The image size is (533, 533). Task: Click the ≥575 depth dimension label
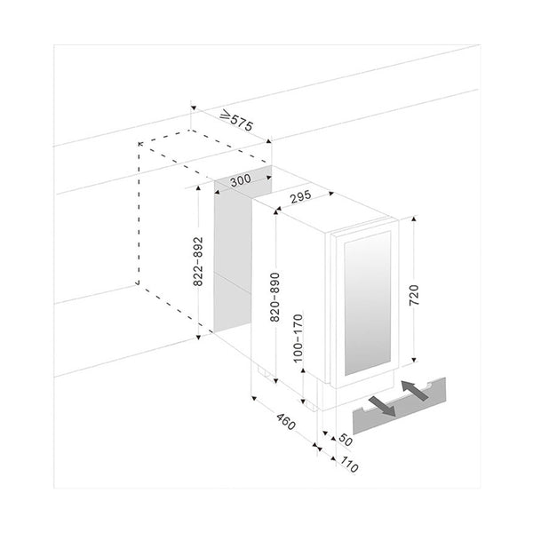coord(236,120)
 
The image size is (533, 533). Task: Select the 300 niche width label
coord(241,179)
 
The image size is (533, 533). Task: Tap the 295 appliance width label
coord(300,196)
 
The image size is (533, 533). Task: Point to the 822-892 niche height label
coord(198,261)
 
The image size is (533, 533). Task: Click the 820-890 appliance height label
coord(274,297)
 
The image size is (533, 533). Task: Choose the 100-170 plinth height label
coord(298,338)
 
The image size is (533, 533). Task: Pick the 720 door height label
coord(414,295)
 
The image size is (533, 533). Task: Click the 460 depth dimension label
coord(286,421)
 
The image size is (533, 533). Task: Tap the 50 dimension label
coord(346,441)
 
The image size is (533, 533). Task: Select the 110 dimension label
coord(349,465)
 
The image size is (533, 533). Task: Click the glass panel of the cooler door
coord(368,303)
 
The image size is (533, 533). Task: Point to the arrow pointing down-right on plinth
coord(382,406)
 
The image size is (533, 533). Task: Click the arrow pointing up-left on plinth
coord(415,390)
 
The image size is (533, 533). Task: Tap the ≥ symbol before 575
coord(226,115)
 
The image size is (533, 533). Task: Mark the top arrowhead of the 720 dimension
coord(414,219)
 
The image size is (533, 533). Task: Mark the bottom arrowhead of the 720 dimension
coord(414,360)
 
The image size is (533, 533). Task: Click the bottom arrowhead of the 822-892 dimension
coord(198,337)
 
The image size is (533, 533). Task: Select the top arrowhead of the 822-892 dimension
coord(198,188)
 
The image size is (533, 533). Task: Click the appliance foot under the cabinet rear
coord(264,372)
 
